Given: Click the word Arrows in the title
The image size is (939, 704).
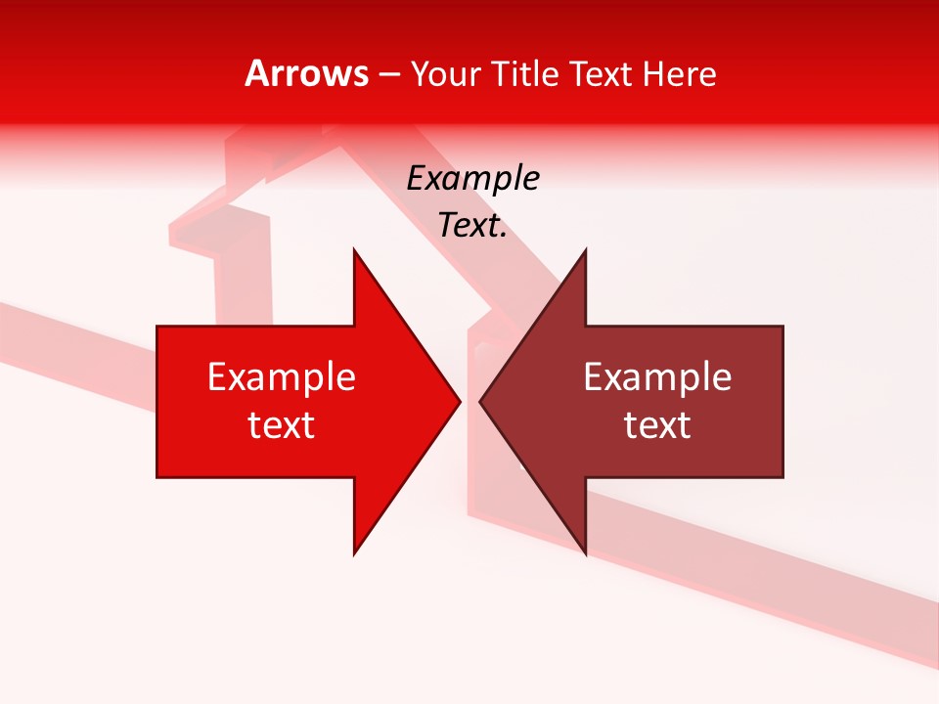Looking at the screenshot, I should coord(306,73).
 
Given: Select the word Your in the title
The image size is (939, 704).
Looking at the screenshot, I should coord(446,74).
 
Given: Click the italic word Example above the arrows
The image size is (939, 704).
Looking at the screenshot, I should coord(472,178).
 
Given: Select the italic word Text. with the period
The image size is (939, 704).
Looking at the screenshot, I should coord(472,226).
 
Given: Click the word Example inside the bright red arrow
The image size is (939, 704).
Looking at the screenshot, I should coord(281,376).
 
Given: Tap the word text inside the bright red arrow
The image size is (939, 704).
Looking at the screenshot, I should coord(281,424).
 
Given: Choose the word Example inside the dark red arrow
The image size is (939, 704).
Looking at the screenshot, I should coord(657,376).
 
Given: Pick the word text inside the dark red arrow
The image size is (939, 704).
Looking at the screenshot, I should coord(657,424).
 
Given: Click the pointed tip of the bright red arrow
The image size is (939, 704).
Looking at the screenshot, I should coord(458,401).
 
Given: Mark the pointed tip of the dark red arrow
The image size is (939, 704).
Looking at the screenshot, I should coord(482,401).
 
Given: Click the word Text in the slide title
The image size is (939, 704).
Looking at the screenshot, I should coord(601,74).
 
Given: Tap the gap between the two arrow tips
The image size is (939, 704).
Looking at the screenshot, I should coord(469,401).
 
